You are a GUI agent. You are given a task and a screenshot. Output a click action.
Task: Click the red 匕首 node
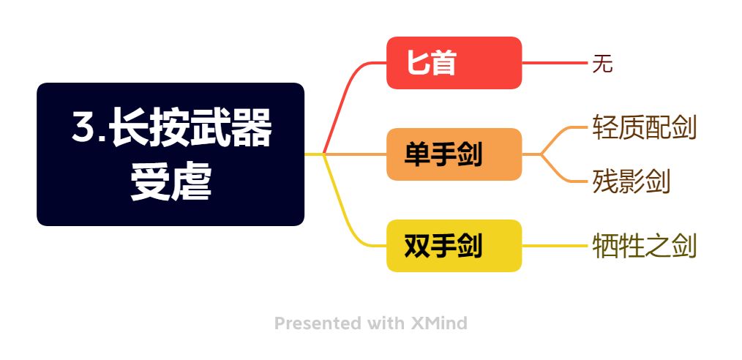click(x=454, y=63)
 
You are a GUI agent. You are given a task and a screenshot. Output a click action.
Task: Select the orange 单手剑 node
click(x=454, y=154)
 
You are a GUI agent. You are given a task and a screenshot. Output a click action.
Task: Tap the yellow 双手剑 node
click(x=454, y=246)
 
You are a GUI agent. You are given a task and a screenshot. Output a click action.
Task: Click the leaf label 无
click(x=602, y=64)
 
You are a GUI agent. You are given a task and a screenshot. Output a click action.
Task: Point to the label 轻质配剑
click(x=644, y=127)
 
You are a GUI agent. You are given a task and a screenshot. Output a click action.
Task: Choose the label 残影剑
click(x=631, y=181)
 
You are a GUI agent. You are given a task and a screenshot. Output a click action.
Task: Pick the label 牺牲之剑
click(x=644, y=246)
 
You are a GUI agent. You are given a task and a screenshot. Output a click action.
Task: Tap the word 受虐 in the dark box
click(x=170, y=182)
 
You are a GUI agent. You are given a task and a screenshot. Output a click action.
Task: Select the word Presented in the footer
click(x=318, y=323)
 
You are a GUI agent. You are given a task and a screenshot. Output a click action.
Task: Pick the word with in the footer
click(x=387, y=323)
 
